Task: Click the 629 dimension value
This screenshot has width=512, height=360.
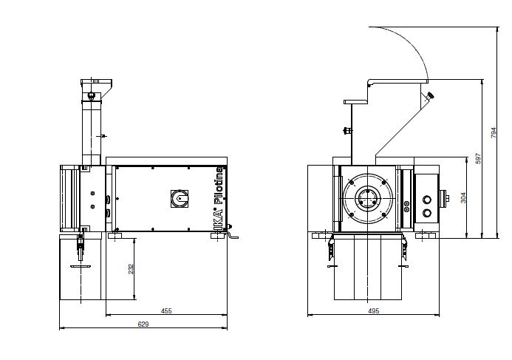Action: pyautogui.click(x=143, y=324)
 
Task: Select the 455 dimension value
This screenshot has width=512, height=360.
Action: pyautogui.click(x=166, y=311)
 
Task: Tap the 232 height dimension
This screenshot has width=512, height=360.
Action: pyautogui.click(x=131, y=269)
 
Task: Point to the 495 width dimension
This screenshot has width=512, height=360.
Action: pyautogui.click(x=374, y=311)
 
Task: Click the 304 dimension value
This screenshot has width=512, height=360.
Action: pyautogui.click(x=463, y=197)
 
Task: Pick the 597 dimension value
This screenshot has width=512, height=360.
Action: pyautogui.click(x=478, y=158)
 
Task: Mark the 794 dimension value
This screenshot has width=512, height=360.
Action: pyautogui.click(x=494, y=132)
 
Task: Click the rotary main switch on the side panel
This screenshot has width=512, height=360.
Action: pyautogui.click(x=180, y=198)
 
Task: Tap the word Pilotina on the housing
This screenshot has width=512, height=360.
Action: pyautogui.click(x=219, y=186)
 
